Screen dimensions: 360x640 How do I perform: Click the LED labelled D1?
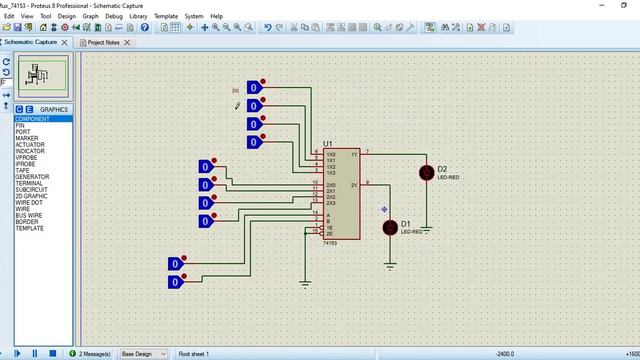(x=390, y=227)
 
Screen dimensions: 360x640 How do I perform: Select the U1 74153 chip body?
(x=341, y=195)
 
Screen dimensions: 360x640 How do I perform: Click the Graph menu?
(x=90, y=16)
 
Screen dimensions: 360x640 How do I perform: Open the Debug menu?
(x=114, y=16)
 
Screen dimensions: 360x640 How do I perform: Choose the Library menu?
(x=140, y=16)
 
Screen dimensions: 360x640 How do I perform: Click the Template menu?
(x=166, y=16)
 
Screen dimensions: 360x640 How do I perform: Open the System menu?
(x=194, y=16)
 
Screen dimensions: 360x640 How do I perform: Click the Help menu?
(x=217, y=16)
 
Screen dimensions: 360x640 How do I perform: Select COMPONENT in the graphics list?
(x=32, y=119)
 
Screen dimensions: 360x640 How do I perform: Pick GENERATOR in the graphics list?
(x=32, y=177)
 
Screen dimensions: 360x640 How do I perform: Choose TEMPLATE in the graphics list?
(x=29, y=228)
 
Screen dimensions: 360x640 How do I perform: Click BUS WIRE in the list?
(x=29, y=215)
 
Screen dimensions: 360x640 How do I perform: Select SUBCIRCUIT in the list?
(x=32, y=190)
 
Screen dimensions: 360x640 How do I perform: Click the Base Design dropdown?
(x=143, y=353)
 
